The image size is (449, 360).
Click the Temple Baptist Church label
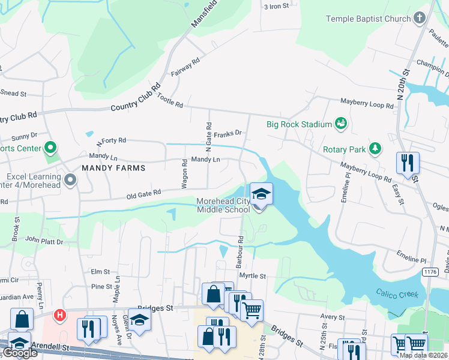pos(369,19)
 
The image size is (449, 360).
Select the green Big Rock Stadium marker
pos(341,124)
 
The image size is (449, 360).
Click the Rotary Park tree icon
pos(375,149)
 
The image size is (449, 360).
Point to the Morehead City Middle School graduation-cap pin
pos(261,194)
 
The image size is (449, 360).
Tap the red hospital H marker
pos(60,314)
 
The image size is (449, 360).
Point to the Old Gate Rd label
pos(143,193)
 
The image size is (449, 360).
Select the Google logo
pos(20,353)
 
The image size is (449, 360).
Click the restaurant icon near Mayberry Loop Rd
pos(408,163)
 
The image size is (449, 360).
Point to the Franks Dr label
pos(228,133)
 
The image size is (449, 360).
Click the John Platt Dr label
pos(44,240)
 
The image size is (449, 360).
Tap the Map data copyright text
pos(423,355)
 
